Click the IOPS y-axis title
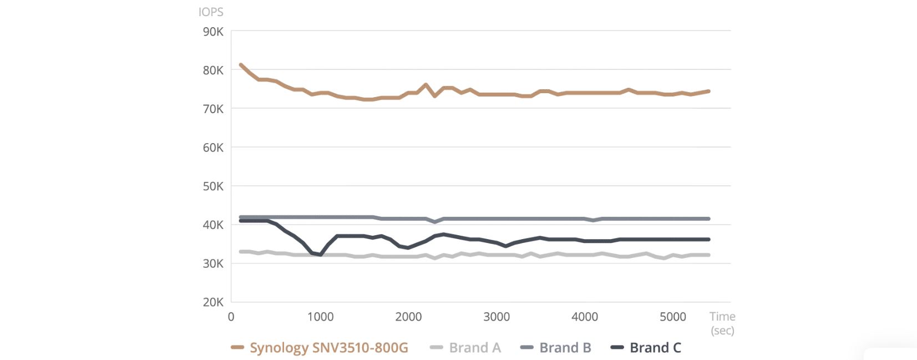click(211, 12)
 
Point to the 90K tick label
click(213, 32)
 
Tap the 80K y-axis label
click(213, 70)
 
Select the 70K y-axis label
click(213, 109)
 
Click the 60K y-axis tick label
click(213, 148)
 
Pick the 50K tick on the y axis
click(213, 186)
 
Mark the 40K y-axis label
click(213, 225)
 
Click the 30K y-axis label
click(213, 263)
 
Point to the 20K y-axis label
click(213, 302)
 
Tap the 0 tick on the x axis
click(231, 317)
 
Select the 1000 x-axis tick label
click(320, 317)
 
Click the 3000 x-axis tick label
click(497, 317)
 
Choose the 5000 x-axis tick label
click(673, 317)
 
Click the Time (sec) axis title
click(722, 323)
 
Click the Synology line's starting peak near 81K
click(241, 65)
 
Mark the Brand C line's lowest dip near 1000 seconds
click(321, 255)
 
